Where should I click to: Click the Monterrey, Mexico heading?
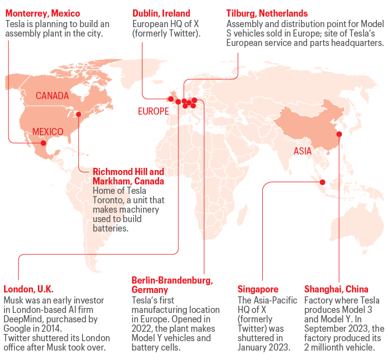tap(43, 13)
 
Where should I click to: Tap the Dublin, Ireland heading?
tap(161, 13)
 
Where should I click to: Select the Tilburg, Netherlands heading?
tap(267, 13)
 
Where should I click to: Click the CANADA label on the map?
tap(52, 96)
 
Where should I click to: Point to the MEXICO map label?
tap(48, 131)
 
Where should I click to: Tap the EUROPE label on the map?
tap(153, 111)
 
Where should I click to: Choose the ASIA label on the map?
tap(303, 151)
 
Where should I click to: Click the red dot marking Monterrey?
tap(43, 143)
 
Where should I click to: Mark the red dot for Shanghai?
tap(339, 133)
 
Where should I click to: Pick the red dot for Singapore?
tap(321, 182)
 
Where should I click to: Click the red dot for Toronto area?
tap(78, 114)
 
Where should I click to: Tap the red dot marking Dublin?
tap(171, 99)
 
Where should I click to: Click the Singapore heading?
tap(258, 289)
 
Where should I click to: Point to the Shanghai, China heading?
tap(336, 289)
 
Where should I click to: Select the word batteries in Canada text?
tap(111, 228)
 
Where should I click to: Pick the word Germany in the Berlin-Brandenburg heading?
tap(149, 290)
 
